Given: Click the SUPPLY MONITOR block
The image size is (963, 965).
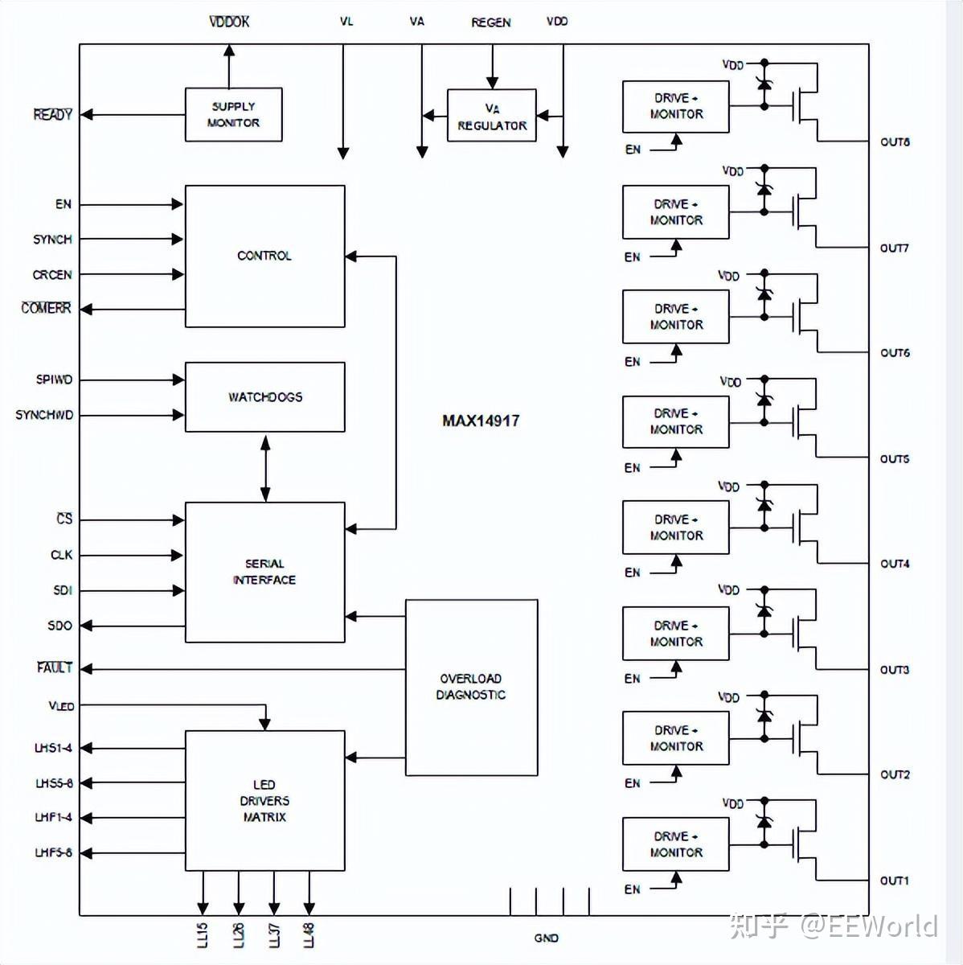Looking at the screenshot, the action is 233,115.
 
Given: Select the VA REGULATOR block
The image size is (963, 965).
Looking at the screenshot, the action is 492,116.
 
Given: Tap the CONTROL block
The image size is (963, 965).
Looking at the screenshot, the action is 265,257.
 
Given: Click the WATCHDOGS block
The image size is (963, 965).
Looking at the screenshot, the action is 265,397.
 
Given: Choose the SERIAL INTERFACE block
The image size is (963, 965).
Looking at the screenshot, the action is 265,573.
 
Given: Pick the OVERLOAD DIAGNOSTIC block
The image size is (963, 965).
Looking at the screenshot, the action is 472,688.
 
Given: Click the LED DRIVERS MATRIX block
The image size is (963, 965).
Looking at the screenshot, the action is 265,801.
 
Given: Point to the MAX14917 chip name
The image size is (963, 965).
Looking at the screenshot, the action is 481,421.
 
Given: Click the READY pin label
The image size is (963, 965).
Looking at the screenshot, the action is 52,115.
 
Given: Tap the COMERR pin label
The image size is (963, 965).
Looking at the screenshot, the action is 46,308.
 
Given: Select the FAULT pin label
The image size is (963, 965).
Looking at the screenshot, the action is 55,667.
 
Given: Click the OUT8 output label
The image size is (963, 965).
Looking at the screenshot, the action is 895,142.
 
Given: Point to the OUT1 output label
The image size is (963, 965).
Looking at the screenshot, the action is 895,881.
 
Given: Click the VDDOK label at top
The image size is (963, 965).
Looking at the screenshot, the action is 229,22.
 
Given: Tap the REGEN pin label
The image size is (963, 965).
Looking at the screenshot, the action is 491,23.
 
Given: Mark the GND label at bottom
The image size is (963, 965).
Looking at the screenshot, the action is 547,938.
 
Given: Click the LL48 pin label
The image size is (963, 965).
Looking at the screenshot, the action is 309,935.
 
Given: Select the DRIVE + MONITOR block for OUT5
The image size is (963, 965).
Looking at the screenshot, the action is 675,421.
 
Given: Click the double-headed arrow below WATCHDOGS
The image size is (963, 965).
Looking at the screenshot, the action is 265,468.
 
